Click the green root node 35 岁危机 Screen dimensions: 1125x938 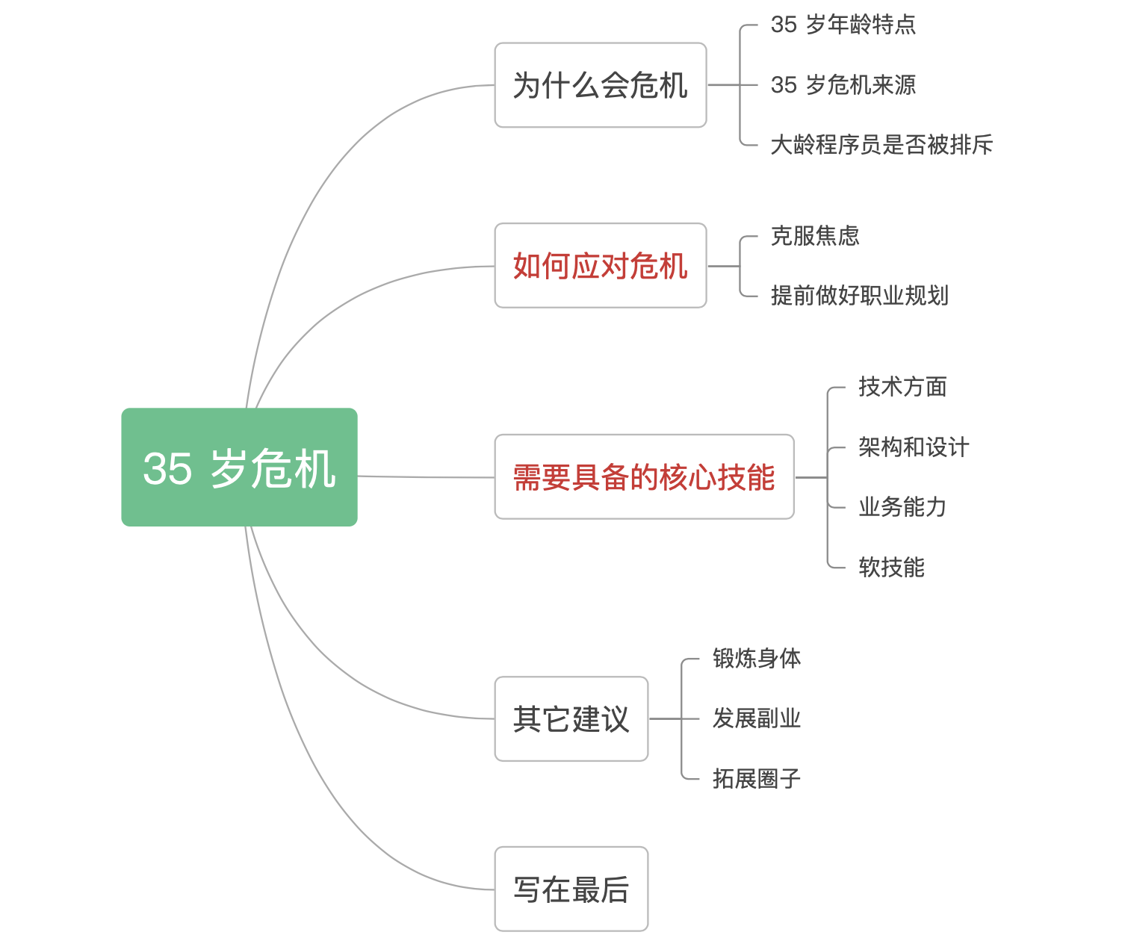(239, 467)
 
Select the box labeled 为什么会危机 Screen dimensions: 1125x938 (600, 85)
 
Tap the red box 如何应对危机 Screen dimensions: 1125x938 (600, 266)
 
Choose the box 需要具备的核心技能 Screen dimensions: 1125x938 (645, 476)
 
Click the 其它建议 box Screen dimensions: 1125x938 (571, 718)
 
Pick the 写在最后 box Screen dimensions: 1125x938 (571, 889)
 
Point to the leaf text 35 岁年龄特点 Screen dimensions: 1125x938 (843, 25)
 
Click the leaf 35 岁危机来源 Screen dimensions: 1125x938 (843, 85)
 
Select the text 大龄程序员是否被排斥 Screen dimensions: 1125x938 (881, 145)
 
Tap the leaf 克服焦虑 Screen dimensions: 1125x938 (815, 236)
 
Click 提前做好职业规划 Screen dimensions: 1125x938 (859, 296)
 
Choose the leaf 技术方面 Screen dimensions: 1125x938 (902, 387)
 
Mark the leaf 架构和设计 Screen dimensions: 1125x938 (914, 447)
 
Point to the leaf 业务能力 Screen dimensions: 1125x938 (902, 507)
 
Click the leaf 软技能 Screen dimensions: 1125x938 (892, 568)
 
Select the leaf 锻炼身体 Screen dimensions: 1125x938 (757, 659)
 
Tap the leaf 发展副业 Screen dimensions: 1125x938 (757, 718)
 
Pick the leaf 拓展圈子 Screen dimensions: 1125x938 (757, 779)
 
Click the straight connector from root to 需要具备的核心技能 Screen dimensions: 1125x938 (427, 476)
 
